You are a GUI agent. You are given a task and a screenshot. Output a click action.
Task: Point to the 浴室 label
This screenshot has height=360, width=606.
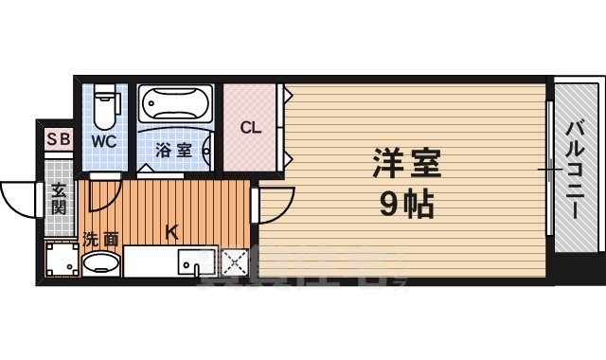click(x=173, y=150)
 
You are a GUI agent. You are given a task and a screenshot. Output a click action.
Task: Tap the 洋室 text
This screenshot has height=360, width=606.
click(x=405, y=164)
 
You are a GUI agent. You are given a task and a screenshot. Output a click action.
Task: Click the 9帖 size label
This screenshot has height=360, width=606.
click(x=405, y=201)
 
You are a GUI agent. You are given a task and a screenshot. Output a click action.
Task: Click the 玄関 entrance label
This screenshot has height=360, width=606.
click(x=59, y=199)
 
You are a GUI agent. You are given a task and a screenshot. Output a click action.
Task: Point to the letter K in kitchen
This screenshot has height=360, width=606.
click(x=172, y=229)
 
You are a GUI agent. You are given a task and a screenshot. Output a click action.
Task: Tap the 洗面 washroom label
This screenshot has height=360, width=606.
click(x=99, y=239)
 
